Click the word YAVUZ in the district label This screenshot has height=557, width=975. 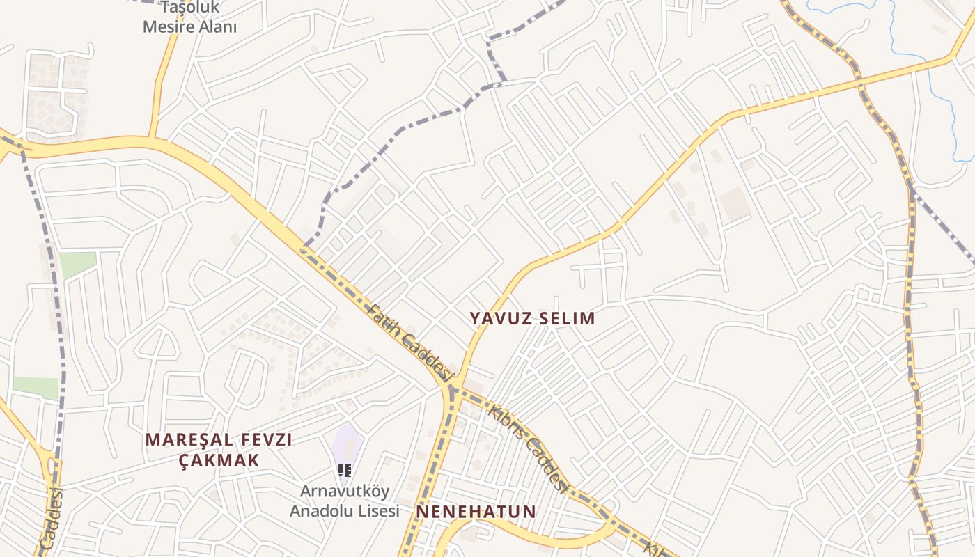pos(499,318)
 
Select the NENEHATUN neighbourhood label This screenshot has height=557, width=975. pos(476,512)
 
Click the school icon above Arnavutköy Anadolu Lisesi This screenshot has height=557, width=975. pos(344,471)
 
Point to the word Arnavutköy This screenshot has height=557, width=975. pos(345,491)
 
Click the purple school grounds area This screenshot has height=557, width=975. pos(347,446)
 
